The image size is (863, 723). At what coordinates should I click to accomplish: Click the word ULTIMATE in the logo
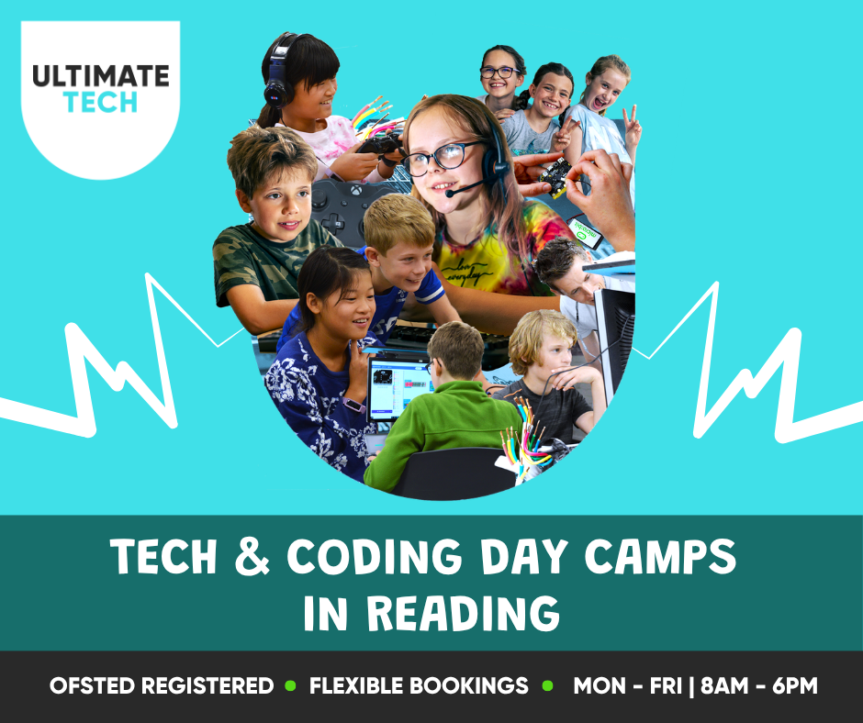[x=101, y=76]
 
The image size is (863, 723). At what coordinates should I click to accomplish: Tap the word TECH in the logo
[x=100, y=103]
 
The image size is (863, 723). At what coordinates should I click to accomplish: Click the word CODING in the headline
[x=375, y=556]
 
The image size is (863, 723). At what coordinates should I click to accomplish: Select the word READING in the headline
[x=464, y=613]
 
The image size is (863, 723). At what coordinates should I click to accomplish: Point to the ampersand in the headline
[x=252, y=556]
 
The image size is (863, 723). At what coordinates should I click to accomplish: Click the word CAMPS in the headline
[x=660, y=556]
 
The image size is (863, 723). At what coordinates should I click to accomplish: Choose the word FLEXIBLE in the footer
[x=356, y=686]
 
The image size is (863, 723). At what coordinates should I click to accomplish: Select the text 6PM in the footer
[x=795, y=686]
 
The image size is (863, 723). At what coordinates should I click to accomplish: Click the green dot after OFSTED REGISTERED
[x=290, y=686]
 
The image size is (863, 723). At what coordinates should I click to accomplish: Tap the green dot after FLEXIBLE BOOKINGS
[x=547, y=686]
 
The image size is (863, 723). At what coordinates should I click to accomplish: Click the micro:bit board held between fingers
[x=555, y=177]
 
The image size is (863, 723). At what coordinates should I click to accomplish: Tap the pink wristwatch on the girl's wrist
[x=353, y=406]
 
